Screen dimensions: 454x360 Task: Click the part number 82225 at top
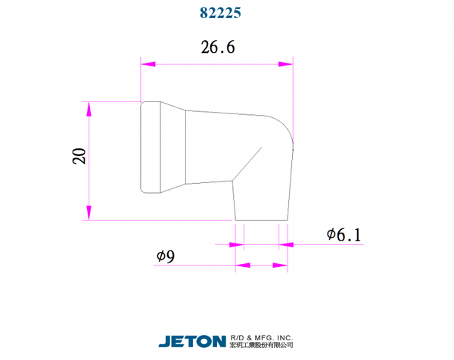(220, 13)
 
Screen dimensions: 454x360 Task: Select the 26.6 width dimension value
(218, 47)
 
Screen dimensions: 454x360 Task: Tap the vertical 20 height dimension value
(79, 157)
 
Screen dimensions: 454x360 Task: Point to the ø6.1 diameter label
(344, 235)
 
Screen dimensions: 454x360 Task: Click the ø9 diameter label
(166, 256)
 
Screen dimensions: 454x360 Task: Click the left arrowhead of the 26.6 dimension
(148, 64)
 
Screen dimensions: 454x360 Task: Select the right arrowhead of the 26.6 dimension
(285, 64)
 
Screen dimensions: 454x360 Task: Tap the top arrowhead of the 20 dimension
(89, 109)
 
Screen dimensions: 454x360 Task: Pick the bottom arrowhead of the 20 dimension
(89, 213)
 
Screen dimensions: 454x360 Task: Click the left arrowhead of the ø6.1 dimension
(237, 245)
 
